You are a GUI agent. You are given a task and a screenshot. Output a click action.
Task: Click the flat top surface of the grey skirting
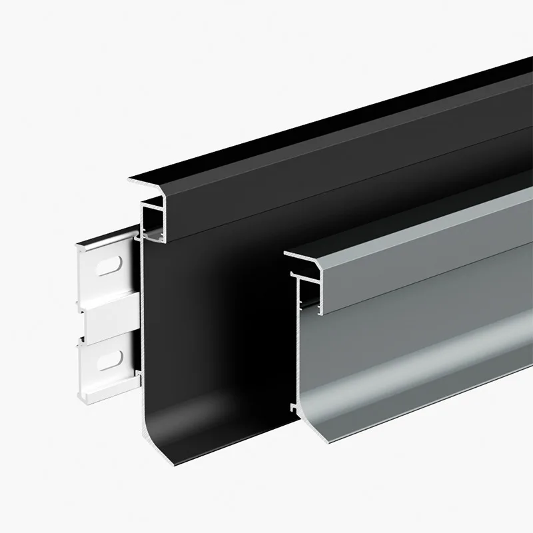(x=413, y=220)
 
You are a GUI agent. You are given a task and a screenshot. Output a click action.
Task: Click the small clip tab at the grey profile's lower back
(x=293, y=404)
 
